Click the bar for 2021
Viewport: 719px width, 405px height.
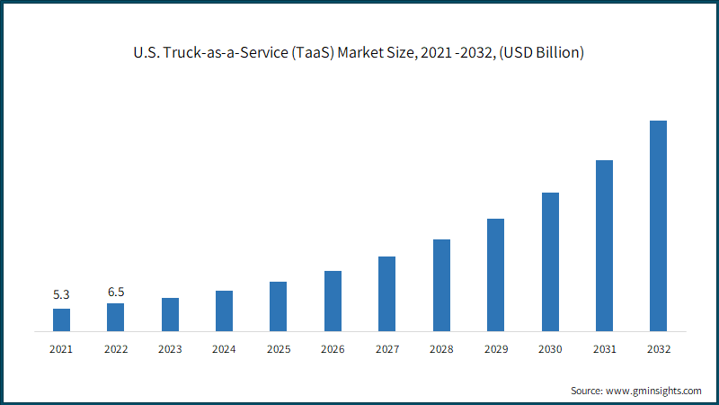coord(61,320)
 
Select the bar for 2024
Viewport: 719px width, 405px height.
coord(224,310)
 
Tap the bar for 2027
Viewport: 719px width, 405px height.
coord(387,294)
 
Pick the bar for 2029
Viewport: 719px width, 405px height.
coord(496,275)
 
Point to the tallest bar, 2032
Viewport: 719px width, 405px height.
coord(659,226)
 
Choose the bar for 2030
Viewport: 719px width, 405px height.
coord(550,262)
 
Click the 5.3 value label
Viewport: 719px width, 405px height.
coord(61,294)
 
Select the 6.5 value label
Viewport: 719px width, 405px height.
coord(116,292)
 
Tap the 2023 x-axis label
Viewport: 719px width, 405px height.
coord(170,349)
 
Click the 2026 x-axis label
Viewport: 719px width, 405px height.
coord(333,349)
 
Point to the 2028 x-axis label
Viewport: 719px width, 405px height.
coord(441,349)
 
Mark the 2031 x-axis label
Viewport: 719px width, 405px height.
coord(605,349)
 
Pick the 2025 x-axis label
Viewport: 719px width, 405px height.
coord(279,349)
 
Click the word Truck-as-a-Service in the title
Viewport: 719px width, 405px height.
coord(226,52)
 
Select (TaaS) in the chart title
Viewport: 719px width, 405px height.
coord(313,53)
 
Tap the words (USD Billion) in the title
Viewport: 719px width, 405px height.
coord(542,53)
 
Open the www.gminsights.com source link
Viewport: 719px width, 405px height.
coord(653,391)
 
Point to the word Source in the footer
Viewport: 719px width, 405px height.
coord(587,391)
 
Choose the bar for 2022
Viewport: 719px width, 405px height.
coord(116,318)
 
